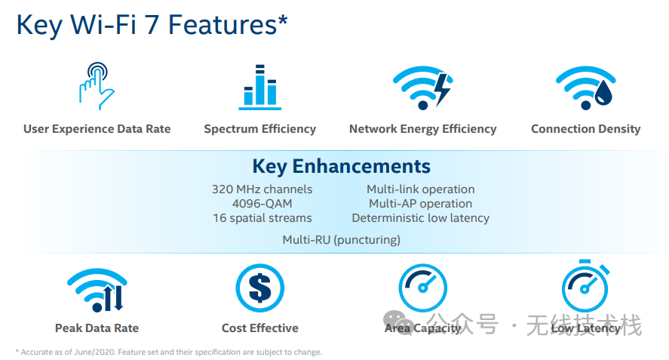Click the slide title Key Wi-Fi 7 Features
[x=152, y=24]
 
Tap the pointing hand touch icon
[x=97, y=86]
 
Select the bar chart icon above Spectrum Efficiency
[x=259, y=88]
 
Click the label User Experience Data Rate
[x=97, y=129]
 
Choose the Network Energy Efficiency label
[x=422, y=129]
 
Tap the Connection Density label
[x=585, y=129]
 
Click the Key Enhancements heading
[x=341, y=167]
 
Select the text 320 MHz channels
[x=262, y=189]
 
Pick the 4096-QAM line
[x=262, y=204]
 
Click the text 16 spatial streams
[x=262, y=218]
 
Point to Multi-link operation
[x=420, y=189]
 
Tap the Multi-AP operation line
[x=420, y=204]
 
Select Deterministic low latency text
[x=420, y=218]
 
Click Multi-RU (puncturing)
[x=341, y=240]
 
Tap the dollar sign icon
[x=259, y=288]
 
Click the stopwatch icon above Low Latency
[x=585, y=287]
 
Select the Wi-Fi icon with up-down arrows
[x=97, y=291]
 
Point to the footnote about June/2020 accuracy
[x=168, y=352]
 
